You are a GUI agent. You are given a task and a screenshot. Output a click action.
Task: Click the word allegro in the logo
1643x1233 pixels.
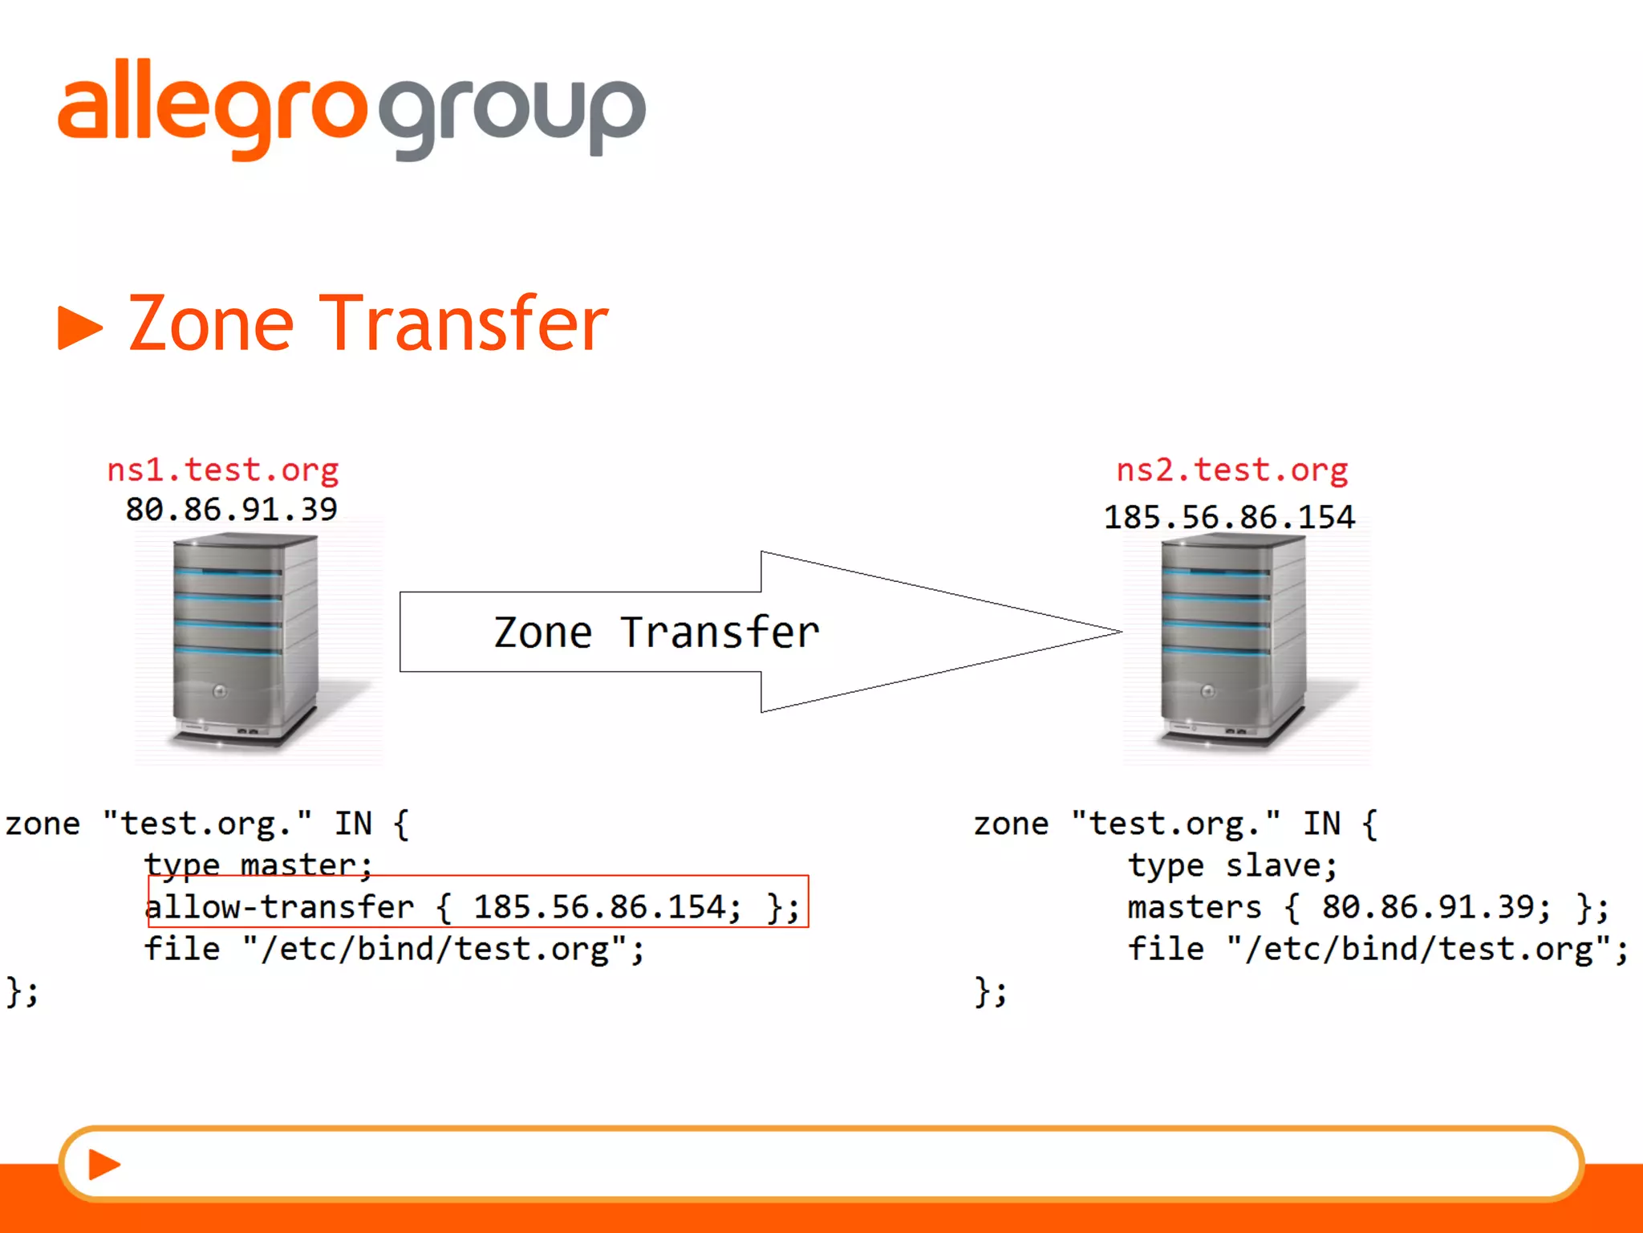pyautogui.click(x=213, y=108)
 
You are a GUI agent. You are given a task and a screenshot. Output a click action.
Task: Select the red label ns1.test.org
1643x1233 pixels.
pyautogui.click(x=223, y=470)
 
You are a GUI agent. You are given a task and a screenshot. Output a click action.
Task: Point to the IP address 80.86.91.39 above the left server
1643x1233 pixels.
pyautogui.click(x=231, y=510)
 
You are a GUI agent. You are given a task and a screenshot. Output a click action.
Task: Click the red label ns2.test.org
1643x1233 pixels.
pyautogui.click(x=1232, y=470)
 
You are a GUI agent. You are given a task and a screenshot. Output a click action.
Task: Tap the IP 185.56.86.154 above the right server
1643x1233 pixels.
pyautogui.click(x=1229, y=518)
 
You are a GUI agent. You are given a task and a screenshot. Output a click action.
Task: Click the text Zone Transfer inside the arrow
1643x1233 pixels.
pyautogui.click(x=656, y=633)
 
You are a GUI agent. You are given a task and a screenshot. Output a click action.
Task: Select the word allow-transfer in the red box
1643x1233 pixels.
pyautogui.click(x=280, y=907)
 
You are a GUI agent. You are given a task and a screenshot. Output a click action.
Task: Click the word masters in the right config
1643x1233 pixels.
pyautogui.click(x=1194, y=907)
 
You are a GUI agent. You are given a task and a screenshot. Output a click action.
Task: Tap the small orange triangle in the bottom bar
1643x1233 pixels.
pyautogui.click(x=103, y=1164)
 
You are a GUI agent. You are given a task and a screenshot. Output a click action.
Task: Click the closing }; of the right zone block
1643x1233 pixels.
pyautogui.click(x=990, y=992)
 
